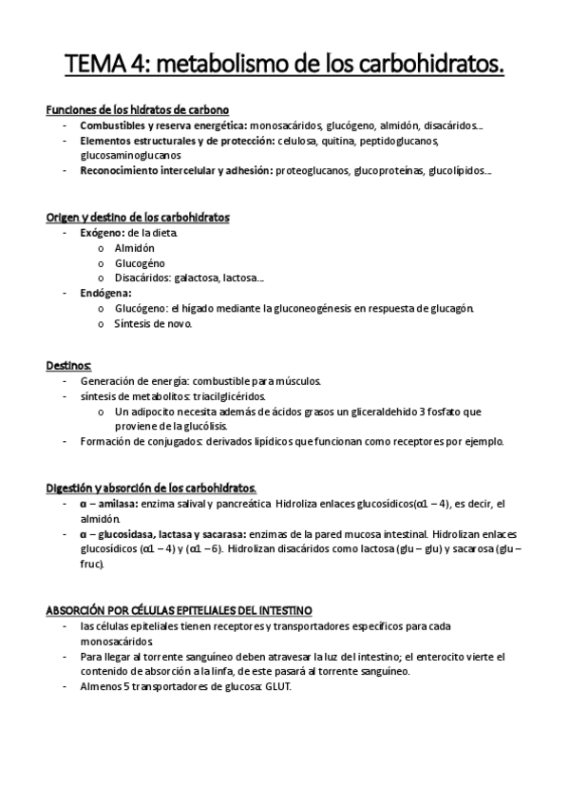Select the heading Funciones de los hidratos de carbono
pos(137,110)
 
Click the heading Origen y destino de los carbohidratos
pos(138,218)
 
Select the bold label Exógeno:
pos(102,233)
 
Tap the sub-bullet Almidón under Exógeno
pos(134,248)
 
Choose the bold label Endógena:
pos(105,294)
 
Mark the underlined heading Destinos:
pos(68,365)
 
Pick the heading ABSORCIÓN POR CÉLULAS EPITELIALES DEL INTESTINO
pos(180,609)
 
